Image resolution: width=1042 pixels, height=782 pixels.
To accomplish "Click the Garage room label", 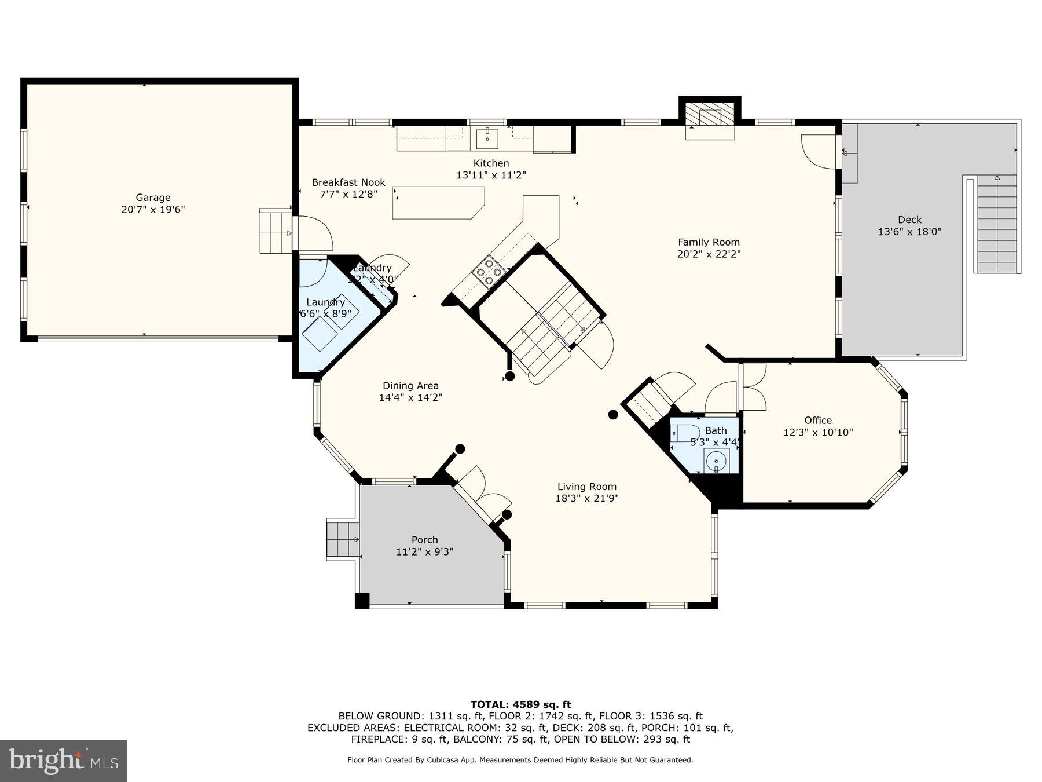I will coord(153,198).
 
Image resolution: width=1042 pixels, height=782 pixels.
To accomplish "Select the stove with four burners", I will coord(487,272).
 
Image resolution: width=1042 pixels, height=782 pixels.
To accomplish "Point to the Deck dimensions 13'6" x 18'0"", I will coord(909,232).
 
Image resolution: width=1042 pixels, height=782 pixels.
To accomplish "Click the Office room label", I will coord(817,421).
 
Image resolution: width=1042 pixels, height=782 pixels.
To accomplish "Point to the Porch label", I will coord(424,540).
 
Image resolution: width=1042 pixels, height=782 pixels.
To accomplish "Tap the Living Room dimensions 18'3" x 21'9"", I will coord(587,498).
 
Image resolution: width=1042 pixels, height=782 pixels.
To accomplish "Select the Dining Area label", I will coord(410,386).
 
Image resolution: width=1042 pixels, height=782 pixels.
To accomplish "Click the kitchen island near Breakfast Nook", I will coord(437,203).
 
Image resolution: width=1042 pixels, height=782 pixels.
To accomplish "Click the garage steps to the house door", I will coord(275,232).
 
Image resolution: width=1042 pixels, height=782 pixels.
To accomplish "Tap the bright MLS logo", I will coord(63,760).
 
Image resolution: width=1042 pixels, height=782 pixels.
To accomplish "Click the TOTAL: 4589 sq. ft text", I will coord(520,704).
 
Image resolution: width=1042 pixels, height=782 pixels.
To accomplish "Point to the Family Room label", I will coord(709,242).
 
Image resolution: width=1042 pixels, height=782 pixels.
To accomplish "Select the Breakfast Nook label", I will coord(348,182).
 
